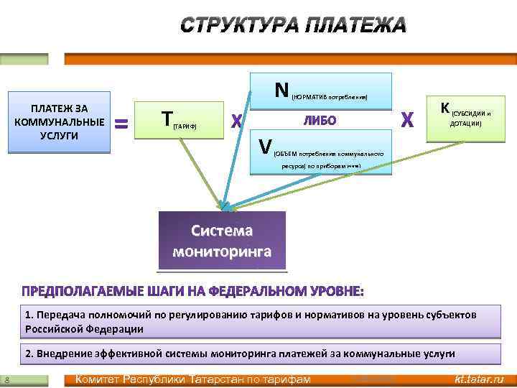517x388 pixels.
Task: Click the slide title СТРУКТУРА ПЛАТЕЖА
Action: click(292, 25)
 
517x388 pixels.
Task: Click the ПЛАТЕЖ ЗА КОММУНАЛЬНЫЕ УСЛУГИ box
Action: click(59, 122)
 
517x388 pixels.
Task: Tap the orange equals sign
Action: click(122, 124)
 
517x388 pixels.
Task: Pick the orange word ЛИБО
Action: click(320, 121)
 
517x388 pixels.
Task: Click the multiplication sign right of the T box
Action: click(236, 121)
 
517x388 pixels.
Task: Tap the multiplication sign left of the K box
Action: click(406, 119)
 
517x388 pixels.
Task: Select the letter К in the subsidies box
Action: click(445, 108)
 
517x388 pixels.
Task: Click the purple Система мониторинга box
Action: click(222, 241)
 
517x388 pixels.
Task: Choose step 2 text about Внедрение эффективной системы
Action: click(240, 354)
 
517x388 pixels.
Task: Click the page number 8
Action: click(6, 379)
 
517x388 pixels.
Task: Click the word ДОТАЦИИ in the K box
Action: click(465, 124)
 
